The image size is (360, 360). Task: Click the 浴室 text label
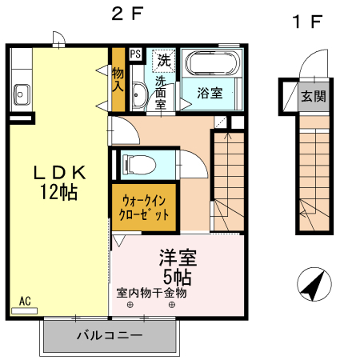coord(210,93)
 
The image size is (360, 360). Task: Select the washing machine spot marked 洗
coord(164,58)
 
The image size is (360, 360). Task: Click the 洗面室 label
coord(160,92)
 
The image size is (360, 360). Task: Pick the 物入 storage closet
coord(118,78)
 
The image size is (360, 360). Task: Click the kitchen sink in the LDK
coord(20,93)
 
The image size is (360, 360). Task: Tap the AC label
coord(25,301)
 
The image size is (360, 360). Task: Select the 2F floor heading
coord(129,14)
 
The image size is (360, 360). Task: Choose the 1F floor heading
coord(306,22)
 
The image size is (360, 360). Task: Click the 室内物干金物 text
coord(151,293)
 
